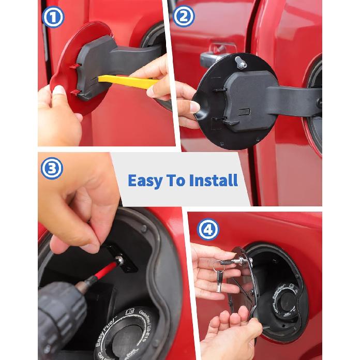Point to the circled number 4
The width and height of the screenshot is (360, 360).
(207, 230)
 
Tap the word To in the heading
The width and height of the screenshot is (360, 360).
(176, 181)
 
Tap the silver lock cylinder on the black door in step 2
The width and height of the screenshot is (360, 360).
(241, 63)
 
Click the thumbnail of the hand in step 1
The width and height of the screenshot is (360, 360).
(59, 91)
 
